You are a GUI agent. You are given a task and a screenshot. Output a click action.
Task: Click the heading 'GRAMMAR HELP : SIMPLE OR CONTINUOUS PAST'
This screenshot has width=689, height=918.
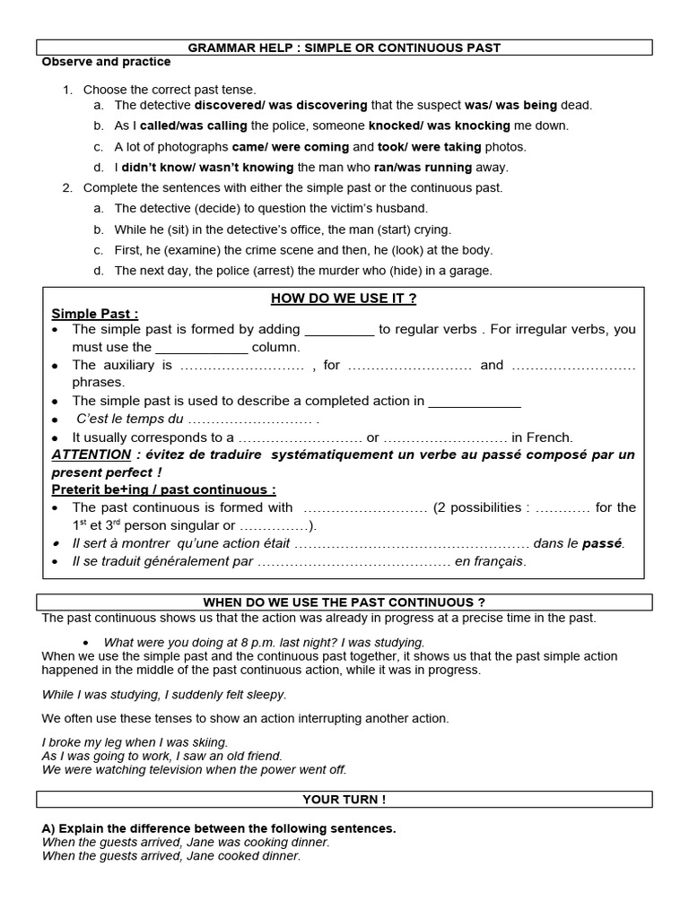344,47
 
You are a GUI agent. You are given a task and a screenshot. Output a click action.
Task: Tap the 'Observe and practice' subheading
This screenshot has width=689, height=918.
106,63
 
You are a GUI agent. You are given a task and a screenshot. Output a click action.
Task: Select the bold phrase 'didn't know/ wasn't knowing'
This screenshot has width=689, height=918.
207,168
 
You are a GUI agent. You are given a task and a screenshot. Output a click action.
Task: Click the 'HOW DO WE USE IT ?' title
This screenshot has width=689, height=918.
344,299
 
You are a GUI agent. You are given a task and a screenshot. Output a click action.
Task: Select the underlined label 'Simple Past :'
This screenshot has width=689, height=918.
95,314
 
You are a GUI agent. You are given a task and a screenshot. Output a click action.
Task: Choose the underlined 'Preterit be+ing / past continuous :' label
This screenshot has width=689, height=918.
163,489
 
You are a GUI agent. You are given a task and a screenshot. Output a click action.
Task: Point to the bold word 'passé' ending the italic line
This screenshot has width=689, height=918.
601,543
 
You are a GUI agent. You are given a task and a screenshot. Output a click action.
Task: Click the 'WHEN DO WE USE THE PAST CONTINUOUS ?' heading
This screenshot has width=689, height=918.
344,602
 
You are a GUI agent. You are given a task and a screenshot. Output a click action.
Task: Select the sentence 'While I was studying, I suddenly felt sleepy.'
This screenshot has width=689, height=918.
164,694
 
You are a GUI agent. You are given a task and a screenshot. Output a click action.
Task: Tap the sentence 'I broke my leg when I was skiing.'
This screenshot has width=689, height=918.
135,742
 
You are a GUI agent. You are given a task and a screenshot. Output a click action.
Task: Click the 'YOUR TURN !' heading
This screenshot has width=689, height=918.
344,799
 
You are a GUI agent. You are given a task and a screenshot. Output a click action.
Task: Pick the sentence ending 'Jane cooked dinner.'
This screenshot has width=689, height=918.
171,856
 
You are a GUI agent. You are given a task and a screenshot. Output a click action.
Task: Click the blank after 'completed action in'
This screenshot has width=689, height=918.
475,402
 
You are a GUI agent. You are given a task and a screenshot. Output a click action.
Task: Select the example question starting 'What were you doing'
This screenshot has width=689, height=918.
264,642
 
